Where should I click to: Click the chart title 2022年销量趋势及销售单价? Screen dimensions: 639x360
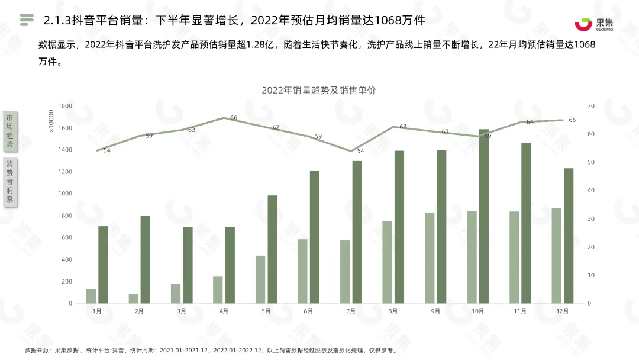click(319, 90)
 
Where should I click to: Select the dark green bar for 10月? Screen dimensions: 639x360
click(484, 216)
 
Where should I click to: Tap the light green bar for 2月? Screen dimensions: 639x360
click(134, 298)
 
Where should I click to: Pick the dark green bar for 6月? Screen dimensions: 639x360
click(315, 237)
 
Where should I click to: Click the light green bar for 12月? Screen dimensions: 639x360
click(556, 256)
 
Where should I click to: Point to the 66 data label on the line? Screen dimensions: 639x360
click(234, 118)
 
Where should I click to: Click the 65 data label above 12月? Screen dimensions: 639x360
click(572, 120)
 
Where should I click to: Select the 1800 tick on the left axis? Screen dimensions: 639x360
click(65, 105)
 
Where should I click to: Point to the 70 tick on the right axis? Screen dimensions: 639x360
click(591, 105)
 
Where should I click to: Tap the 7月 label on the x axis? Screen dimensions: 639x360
click(350, 311)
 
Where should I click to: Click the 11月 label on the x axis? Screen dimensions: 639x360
click(519, 311)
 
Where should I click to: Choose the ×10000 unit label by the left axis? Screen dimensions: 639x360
click(51, 121)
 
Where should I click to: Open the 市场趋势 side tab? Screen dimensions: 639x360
click(10, 131)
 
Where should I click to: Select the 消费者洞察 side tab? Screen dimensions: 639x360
click(10, 181)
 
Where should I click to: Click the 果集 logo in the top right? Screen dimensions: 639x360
click(594, 24)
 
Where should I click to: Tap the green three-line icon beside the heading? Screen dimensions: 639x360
click(27, 20)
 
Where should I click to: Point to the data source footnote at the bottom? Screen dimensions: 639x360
click(211, 350)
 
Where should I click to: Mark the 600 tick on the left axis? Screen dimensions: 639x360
click(67, 237)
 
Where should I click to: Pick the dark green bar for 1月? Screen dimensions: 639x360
click(103, 265)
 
